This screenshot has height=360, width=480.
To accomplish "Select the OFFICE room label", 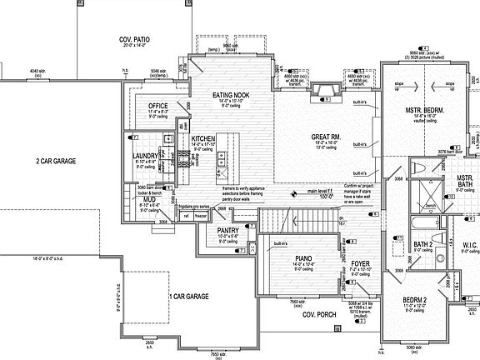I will point(158,107).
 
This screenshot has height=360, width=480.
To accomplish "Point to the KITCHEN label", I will point(203,137).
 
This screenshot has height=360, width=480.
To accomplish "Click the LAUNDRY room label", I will point(145,156).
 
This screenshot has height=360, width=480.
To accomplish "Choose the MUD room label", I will point(147,200).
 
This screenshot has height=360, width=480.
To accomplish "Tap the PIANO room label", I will point(302,258).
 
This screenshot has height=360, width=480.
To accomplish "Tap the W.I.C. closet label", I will point(469,246).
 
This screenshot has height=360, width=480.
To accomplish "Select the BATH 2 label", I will point(422,244).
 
